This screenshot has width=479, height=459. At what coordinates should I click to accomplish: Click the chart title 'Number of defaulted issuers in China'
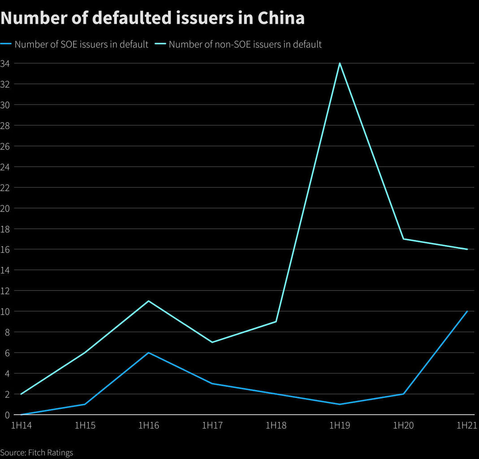point(152,18)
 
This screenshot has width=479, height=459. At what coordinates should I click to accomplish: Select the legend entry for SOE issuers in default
point(81,44)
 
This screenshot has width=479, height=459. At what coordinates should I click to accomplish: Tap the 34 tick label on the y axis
point(5,63)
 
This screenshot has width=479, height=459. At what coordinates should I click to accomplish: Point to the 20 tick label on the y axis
point(5,208)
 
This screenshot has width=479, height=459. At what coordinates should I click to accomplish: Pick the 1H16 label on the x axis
point(148,425)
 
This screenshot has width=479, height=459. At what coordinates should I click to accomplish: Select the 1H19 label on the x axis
point(340,425)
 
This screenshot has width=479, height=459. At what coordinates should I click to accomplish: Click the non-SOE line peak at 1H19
point(340,63)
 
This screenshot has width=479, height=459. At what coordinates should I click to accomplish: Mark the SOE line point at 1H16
point(148,353)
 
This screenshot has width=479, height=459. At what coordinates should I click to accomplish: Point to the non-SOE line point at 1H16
point(148,301)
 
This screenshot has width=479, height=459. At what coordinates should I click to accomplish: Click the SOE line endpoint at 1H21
point(467,311)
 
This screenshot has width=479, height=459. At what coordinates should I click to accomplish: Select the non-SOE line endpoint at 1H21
point(467,249)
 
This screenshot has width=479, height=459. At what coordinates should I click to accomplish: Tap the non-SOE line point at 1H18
point(276,321)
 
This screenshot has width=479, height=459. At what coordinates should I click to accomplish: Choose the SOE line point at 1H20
point(404,394)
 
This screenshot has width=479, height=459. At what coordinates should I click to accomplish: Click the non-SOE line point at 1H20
point(404,239)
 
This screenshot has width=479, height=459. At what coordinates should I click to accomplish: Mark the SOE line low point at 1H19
point(340,404)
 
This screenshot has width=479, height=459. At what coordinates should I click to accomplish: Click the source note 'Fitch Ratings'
point(36,452)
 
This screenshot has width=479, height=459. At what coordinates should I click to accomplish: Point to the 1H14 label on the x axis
point(21,425)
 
